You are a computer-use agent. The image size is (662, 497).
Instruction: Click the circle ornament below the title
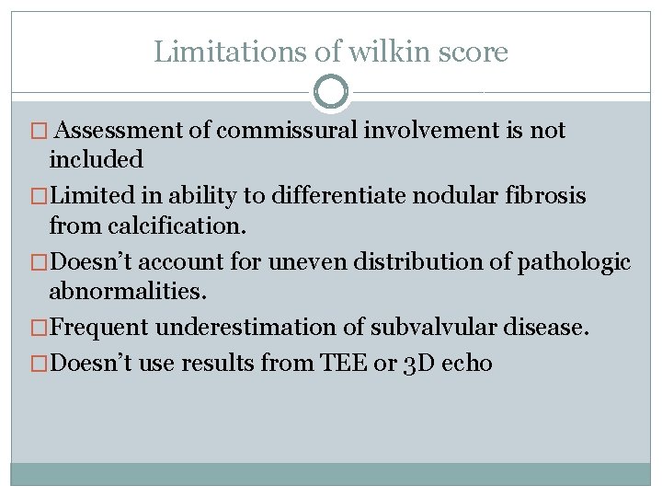click(x=331, y=92)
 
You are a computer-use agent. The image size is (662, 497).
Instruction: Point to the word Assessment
click(x=125, y=131)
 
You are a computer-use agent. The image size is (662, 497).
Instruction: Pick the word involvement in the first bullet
click(x=435, y=131)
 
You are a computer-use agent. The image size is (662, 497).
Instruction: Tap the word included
click(x=97, y=159)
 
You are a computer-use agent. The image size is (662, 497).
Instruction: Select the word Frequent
click(x=98, y=327)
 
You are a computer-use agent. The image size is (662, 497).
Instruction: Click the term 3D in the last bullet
click(x=417, y=364)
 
